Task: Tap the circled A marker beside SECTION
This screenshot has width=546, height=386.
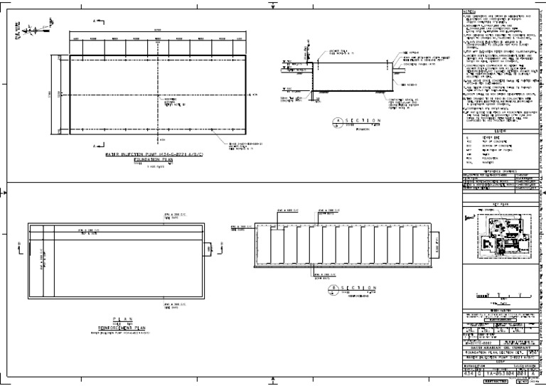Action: (x=338, y=122)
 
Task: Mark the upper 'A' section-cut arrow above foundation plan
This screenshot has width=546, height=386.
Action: (x=95, y=22)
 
